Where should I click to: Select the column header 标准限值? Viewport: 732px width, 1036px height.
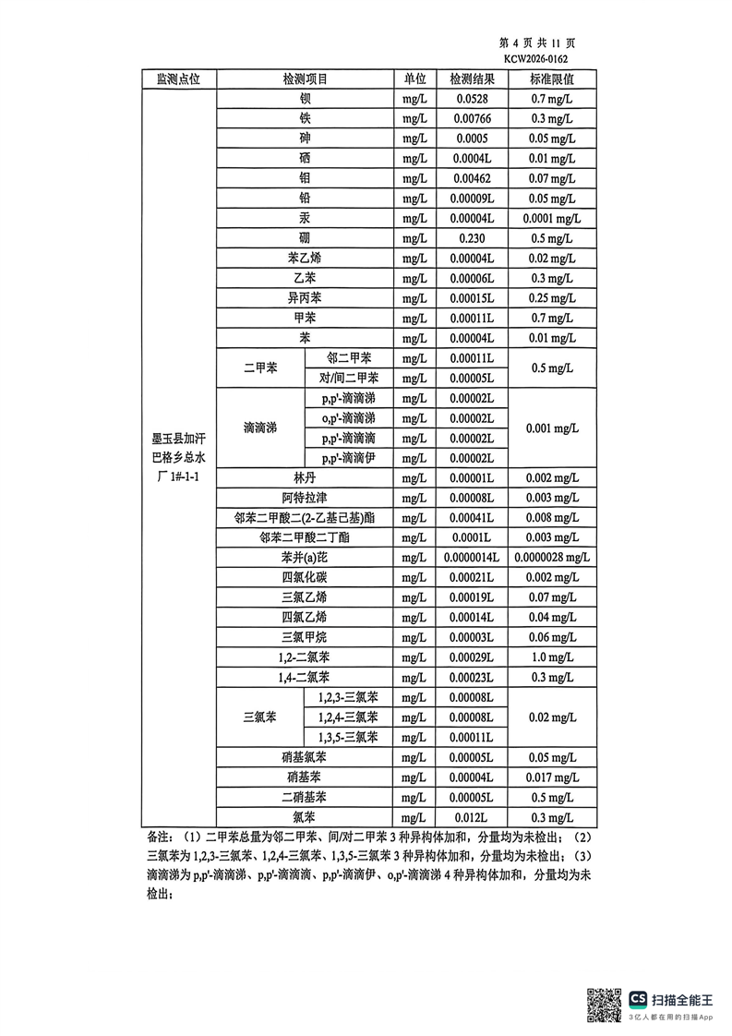(552, 79)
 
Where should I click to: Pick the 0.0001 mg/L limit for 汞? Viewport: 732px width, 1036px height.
(552, 218)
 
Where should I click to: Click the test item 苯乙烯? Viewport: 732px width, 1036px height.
(306, 259)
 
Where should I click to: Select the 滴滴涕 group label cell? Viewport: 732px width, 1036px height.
(261, 428)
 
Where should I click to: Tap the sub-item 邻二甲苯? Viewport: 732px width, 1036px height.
(350, 358)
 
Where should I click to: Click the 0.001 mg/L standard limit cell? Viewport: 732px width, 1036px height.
(552, 428)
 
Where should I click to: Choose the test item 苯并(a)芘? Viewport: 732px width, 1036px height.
(306, 558)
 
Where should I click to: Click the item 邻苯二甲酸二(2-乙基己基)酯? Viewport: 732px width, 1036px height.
(306, 518)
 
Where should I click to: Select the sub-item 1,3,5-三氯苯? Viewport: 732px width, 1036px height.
(348, 738)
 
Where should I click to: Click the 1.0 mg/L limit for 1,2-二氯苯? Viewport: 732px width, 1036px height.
(552, 657)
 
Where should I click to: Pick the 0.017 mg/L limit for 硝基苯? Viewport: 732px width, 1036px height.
(552, 777)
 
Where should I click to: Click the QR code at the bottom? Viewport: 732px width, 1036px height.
(606, 1005)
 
